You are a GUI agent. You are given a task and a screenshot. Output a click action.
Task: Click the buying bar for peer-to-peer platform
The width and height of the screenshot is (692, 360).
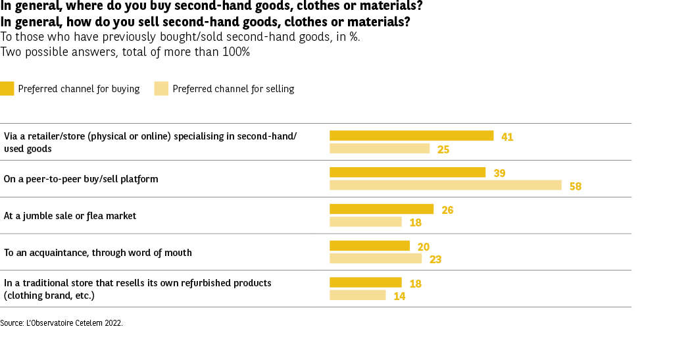coord(407,172)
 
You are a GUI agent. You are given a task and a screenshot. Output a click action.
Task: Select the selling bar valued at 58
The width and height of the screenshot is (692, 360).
coord(445,186)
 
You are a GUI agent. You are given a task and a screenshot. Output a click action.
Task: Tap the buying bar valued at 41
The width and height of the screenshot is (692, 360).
coord(411,136)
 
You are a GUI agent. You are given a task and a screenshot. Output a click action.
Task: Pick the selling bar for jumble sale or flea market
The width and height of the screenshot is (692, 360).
coord(365,222)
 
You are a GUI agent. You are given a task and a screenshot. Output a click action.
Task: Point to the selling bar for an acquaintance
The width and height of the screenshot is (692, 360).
coord(375,259)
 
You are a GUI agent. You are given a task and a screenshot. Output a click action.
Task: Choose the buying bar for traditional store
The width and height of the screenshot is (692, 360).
coord(365,282)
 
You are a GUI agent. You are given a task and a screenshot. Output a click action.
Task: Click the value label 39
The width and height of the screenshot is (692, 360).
coord(499,173)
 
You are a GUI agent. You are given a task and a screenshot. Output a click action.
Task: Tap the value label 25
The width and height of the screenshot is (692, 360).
coord(443,149)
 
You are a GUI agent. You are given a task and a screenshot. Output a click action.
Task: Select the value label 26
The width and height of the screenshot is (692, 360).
coord(447,210)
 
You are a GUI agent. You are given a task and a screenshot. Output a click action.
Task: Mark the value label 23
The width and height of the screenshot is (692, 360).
coord(435,259)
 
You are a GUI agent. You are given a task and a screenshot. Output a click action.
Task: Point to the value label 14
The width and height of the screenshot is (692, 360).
coord(399,296)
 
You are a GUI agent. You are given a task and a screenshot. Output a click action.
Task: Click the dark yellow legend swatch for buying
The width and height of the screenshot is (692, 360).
coord(7,88)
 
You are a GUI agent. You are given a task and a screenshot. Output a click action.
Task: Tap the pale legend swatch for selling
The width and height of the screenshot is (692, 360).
coord(161,88)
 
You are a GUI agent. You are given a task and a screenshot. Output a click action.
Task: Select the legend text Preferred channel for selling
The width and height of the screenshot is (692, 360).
coord(233,89)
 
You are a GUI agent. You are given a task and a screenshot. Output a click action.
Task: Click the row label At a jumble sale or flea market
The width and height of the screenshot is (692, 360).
coord(70,215)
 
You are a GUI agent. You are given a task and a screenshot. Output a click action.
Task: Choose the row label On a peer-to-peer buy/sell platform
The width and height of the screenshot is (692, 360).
coord(81,178)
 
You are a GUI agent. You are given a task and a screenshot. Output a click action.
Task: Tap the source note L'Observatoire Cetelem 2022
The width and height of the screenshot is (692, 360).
coord(74,323)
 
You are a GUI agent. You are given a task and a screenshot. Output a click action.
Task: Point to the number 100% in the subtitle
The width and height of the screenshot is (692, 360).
coord(236,51)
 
